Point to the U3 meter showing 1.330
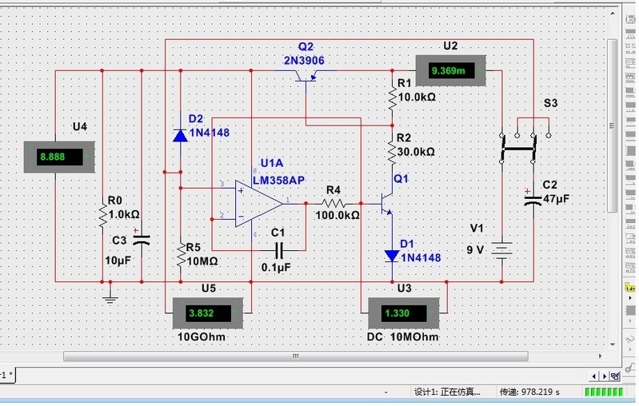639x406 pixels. click(x=403, y=313)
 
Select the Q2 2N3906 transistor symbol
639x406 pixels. click(x=306, y=76)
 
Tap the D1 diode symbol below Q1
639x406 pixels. click(x=392, y=256)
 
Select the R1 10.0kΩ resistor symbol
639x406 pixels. click(x=392, y=98)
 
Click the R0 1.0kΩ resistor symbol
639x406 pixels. click(x=103, y=214)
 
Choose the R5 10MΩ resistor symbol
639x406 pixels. click(x=180, y=256)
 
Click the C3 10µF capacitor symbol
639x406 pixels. click(x=142, y=238)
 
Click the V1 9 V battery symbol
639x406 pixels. click(x=501, y=251)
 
